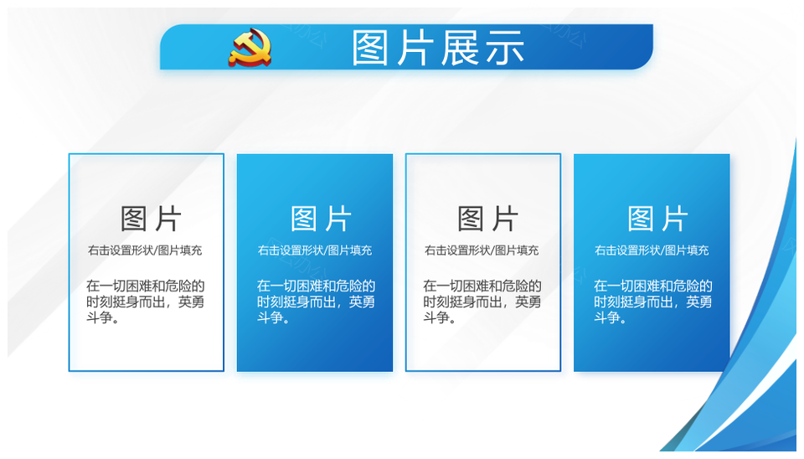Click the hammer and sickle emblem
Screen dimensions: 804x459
(x=250, y=48)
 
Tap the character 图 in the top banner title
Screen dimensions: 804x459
(x=370, y=48)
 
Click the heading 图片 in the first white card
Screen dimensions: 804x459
(x=151, y=219)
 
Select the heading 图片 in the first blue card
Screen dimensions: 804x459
(x=321, y=219)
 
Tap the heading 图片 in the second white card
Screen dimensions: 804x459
(x=487, y=219)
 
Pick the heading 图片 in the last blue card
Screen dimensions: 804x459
(x=658, y=219)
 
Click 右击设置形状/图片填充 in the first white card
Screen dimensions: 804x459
(x=145, y=250)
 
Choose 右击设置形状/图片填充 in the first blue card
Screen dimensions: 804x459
(x=315, y=250)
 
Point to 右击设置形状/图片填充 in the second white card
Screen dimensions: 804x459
(x=482, y=250)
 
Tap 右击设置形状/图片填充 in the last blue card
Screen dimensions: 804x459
(x=652, y=250)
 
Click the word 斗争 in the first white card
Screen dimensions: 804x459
(x=100, y=317)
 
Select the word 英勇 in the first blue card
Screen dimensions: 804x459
(x=362, y=302)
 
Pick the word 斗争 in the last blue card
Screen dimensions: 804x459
(x=607, y=317)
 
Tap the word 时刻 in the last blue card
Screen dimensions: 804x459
(x=607, y=302)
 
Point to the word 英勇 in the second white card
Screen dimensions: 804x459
(x=528, y=302)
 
